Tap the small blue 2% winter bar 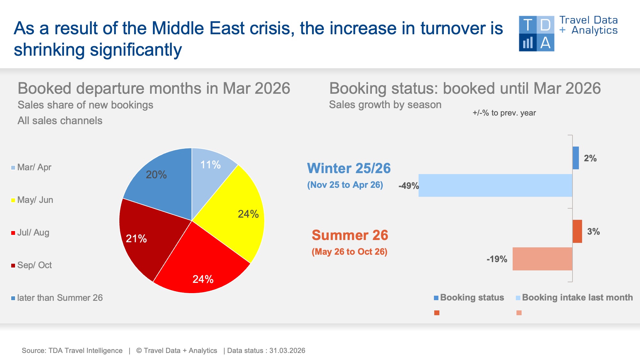576,158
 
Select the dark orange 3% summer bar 577,231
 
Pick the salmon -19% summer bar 542,259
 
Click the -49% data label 408,186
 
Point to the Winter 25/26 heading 349,168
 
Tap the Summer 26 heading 350,235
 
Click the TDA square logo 536,34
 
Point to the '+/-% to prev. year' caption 504,113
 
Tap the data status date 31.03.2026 287,351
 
